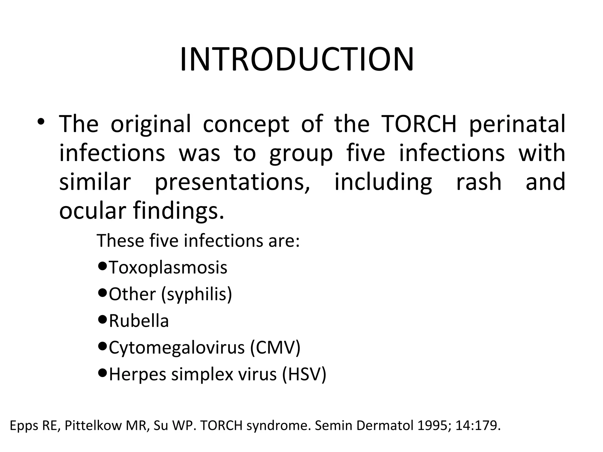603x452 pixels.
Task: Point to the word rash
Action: coord(479,182)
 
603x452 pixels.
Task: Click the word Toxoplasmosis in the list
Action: coord(168,267)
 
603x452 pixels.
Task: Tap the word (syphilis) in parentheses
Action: coord(197,295)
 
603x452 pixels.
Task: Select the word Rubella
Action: coord(139,321)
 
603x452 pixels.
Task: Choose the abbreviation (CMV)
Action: coord(275,348)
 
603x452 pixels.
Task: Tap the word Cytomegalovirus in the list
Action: coord(177,348)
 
